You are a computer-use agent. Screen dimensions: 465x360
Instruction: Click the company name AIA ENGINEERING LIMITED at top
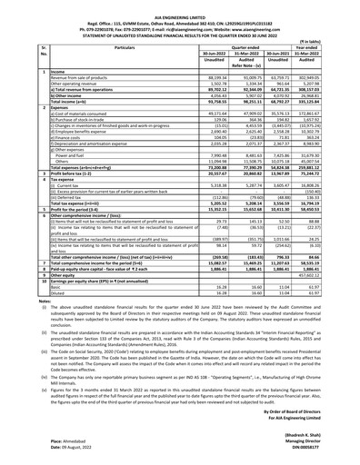tap(180, 5)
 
